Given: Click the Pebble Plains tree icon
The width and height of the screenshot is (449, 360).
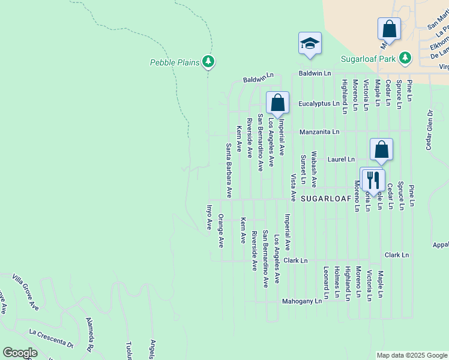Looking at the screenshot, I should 208,61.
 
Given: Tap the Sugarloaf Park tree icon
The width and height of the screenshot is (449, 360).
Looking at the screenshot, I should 406,58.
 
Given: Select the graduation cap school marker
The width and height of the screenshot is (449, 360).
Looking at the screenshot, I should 310,44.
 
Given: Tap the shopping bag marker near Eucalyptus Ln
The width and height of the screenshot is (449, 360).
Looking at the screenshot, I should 277,103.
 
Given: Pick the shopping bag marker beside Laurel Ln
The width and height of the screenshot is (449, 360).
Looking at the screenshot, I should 381,150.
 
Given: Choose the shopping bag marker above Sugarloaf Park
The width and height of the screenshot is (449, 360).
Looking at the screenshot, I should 389,29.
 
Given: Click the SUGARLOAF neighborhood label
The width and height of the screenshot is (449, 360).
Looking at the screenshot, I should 324,197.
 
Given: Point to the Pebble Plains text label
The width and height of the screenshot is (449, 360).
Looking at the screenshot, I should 175,62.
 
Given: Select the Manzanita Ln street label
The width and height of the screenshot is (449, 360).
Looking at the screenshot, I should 319,131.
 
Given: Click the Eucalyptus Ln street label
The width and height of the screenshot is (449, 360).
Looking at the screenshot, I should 319,104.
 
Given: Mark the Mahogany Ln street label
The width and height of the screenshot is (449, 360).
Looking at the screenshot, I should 303,301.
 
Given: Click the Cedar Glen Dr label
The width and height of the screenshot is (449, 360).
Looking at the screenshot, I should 430,130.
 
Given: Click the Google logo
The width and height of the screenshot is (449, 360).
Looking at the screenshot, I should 20,353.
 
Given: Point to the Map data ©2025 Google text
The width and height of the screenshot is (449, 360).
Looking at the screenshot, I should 411,355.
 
